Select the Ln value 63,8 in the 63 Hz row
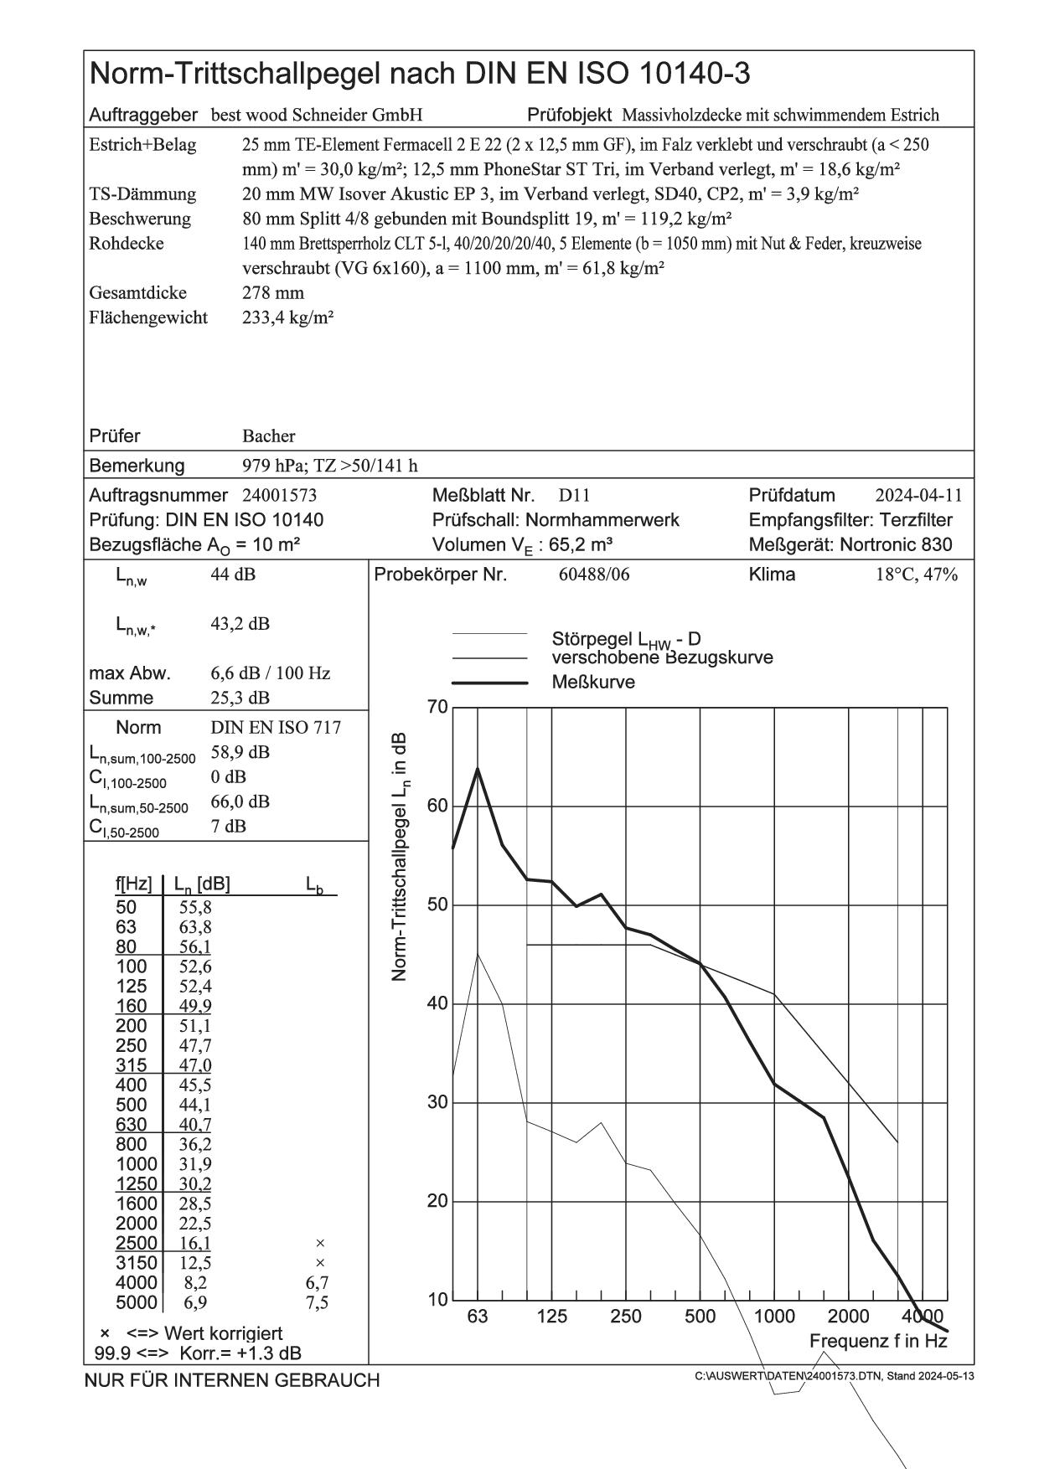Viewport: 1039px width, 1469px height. pos(196,927)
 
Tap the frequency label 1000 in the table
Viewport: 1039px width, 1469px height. pos(137,1164)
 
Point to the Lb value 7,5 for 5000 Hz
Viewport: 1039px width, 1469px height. pos(318,1302)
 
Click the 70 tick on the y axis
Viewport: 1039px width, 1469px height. pos(438,709)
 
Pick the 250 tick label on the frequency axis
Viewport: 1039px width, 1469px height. pos(626,1317)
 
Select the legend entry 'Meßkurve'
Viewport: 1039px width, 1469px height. pos(593,683)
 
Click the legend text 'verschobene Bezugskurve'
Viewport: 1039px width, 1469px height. pos(662,658)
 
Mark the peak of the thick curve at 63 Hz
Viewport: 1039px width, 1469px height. pos(478,768)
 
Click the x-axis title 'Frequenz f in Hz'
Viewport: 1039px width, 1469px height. pos(878,1341)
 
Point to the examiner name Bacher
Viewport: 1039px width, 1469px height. pos(268,436)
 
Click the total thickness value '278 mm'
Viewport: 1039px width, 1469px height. pos(272,293)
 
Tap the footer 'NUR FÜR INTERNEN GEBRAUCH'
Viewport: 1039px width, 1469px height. pos(232,1380)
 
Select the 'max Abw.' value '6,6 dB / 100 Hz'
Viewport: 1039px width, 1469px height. pos(270,673)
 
